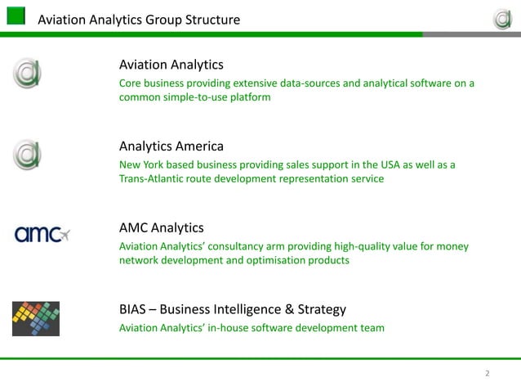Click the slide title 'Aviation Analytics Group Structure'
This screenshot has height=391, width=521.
(139, 19)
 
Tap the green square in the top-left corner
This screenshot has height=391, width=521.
(16, 17)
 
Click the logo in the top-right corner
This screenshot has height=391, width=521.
(501, 17)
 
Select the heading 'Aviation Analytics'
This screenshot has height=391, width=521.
(171, 65)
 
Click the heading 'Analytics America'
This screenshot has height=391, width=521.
(171, 146)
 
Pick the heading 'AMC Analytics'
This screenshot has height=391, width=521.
(162, 227)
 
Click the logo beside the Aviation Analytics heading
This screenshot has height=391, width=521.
(26, 74)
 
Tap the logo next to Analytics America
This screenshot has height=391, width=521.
(26, 155)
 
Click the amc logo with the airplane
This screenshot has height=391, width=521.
(42, 236)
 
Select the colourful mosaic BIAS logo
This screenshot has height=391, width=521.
(35, 318)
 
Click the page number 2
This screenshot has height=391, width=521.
(488, 374)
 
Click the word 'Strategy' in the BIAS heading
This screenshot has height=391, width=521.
(321, 309)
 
